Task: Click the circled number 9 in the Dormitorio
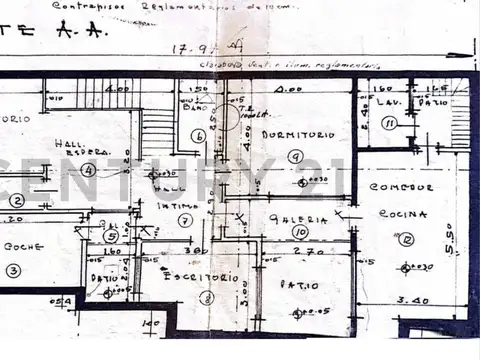[294, 156]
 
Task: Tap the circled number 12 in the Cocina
[406, 238]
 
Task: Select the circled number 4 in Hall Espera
[89, 170]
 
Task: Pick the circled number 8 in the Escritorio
[207, 297]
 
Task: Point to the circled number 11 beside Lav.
[390, 124]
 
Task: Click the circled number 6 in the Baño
[198, 136]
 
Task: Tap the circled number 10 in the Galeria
[300, 232]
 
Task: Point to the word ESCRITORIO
[193, 277]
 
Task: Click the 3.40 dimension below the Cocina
[411, 299]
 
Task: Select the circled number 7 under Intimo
[185, 220]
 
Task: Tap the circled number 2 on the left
[15, 200]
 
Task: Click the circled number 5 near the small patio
[110, 236]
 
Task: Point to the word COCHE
[22, 245]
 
